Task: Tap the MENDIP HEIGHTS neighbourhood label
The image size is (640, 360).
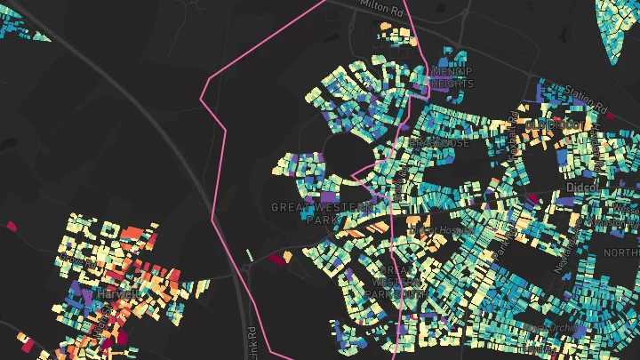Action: click(x=452, y=77)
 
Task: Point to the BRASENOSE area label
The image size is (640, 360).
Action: click(x=439, y=142)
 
